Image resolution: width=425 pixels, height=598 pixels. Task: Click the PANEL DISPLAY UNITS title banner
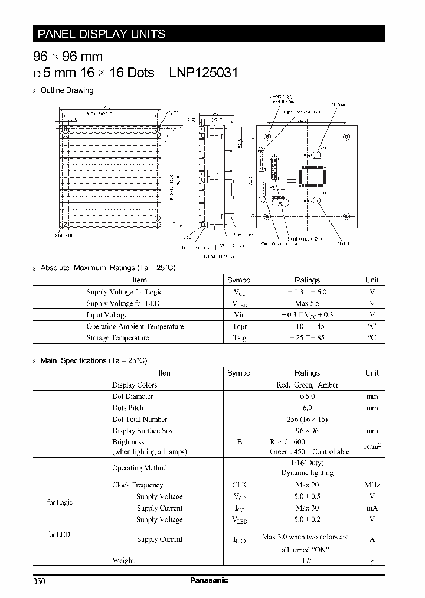click(102, 34)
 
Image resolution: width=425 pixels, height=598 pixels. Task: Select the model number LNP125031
click(204, 73)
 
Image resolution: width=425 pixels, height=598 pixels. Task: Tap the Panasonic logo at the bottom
click(210, 581)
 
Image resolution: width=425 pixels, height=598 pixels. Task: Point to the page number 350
click(39, 582)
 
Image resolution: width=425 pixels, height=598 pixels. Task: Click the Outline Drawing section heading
click(67, 90)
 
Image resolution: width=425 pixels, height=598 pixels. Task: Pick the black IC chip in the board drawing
click(312, 176)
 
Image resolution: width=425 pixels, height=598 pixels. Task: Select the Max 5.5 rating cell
click(306, 303)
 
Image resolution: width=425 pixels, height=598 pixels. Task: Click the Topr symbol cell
click(239, 326)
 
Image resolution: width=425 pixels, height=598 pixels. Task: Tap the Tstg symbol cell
click(239, 338)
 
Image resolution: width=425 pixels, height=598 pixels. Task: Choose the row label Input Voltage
click(107, 315)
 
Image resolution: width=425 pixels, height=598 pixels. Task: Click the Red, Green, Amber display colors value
click(307, 385)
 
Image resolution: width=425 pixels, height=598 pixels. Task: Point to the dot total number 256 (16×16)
click(307, 419)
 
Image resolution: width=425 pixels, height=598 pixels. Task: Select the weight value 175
click(307, 560)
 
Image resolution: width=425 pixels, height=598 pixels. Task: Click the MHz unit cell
click(372, 485)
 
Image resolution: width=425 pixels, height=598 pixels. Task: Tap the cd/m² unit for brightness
click(372, 447)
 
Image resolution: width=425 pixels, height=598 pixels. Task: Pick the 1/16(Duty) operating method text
click(306, 463)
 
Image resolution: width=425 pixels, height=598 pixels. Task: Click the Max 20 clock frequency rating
click(307, 485)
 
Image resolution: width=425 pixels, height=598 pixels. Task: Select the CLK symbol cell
click(239, 485)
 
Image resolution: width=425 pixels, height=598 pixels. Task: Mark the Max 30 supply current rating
click(307, 508)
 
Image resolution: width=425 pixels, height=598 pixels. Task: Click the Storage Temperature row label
click(117, 338)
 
